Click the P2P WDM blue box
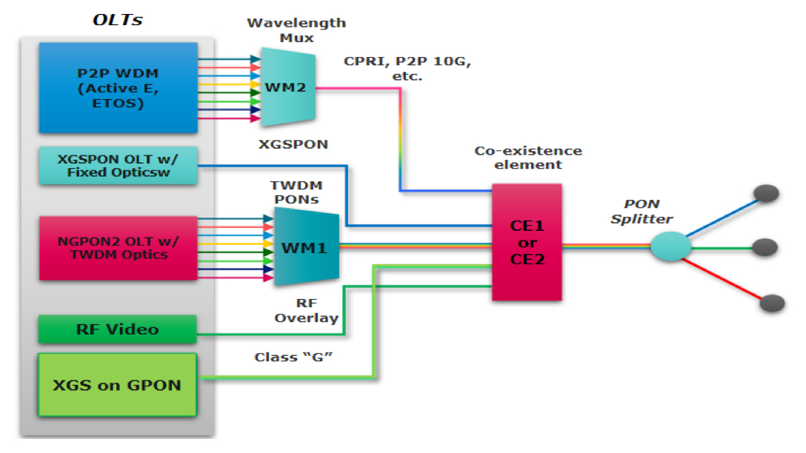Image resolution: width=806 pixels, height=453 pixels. pyautogui.click(x=118, y=87)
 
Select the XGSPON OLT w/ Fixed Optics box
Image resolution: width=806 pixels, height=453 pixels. pyautogui.click(x=118, y=166)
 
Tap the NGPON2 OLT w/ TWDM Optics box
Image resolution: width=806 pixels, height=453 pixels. pyautogui.click(x=118, y=248)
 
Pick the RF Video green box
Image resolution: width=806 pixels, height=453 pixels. pyautogui.click(x=118, y=329)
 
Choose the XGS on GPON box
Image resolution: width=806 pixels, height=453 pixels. pyautogui.click(x=118, y=384)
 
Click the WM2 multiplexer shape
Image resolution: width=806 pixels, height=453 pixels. pyautogui.click(x=288, y=87)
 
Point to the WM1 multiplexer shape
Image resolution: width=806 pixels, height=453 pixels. pyautogui.click(x=306, y=246)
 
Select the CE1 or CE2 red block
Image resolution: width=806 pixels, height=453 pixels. pyautogui.click(x=527, y=242)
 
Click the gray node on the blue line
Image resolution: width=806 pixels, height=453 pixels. pyautogui.click(x=767, y=193)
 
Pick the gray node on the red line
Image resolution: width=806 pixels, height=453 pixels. pyautogui.click(x=772, y=303)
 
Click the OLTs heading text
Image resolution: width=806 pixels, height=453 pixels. pyautogui.click(x=117, y=20)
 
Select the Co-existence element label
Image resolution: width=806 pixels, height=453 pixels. pyautogui.click(x=527, y=158)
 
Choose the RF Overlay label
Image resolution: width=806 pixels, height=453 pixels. pyautogui.click(x=306, y=310)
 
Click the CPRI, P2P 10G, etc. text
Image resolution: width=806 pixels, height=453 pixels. pyautogui.click(x=407, y=68)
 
